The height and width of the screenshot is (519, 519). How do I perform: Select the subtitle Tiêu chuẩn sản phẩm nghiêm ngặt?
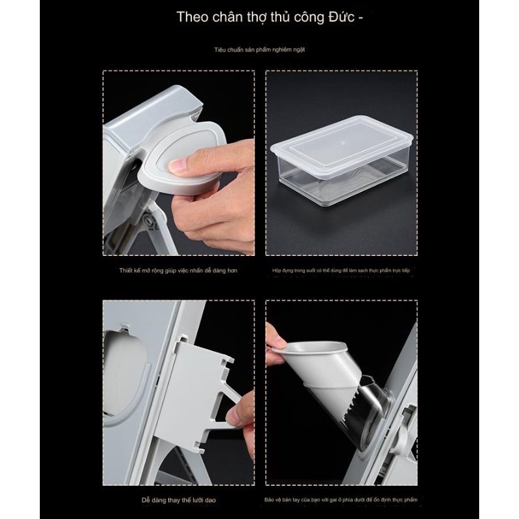pyautogui.click(x=259, y=50)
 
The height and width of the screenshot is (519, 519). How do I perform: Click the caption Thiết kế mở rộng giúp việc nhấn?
pyautogui.click(x=178, y=269)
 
